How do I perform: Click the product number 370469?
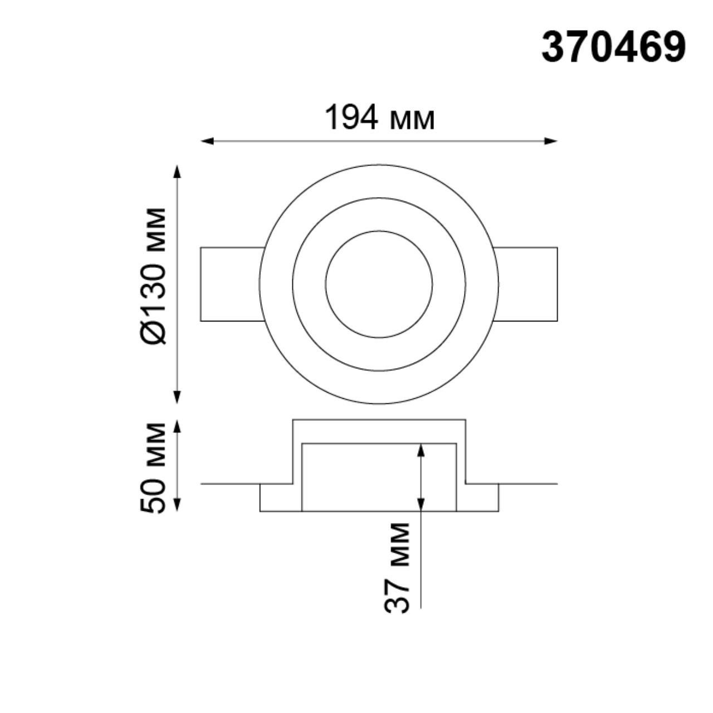coord(613,47)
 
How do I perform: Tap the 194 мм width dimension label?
coord(379,118)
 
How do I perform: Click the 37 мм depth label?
coord(398,568)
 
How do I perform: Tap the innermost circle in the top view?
coord(379,284)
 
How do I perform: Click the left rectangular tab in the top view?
coord(229,284)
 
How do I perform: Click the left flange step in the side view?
coord(276,497)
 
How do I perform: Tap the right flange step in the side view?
coord(481,497)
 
